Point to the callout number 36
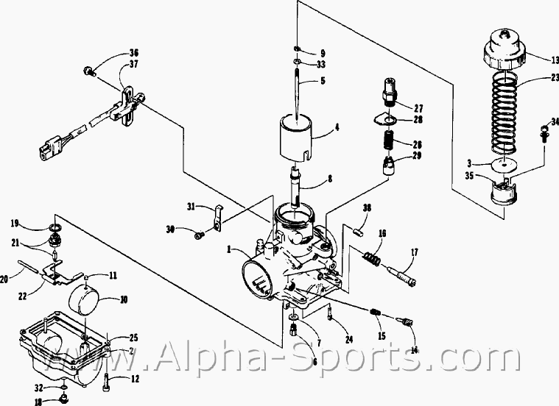click(133, 52)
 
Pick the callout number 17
click(415, 253)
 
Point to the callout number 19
click(15, 223)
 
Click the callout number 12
click(135, 380)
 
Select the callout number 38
click(367, 208)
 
